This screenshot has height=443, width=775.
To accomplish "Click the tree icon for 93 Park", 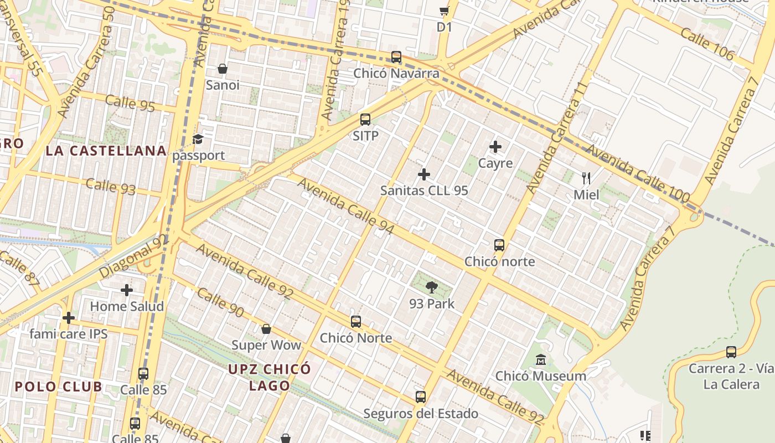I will pyautogui.click(x=432, y=287).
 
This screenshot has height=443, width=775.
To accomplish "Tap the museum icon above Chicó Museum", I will pyautogui.click(x=541, y=360).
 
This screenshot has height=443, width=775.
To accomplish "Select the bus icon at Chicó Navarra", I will pyautogui.click(x=396, y=57).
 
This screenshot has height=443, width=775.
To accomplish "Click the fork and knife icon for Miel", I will pyautogui.click(x=586, y=178).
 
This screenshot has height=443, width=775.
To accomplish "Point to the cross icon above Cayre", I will pyautogui.click(x=495, y=147).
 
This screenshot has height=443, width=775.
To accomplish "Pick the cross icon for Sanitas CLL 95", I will pyautogui.click(x=424, y=174).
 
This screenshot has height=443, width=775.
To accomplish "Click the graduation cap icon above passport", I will pyautogui.click(x=198, y=139).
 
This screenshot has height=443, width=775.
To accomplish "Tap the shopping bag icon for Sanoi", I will pyautogui.click(x=223, y=69).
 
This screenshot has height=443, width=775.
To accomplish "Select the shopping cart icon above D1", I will pyautogui.click(x=444, y=11).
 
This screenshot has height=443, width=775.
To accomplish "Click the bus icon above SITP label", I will pyautogui.click(x=365, y=119).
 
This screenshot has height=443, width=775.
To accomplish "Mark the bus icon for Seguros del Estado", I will pyautogui.click(x=421, y=397).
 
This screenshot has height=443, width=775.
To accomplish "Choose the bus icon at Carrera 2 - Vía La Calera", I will pyautogui.click(x=731, y=352).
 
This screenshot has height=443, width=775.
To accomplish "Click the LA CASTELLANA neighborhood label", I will pyautogui.click(x=106, y=151).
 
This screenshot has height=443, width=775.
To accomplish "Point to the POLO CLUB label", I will pyautogui.click(x=59, y=387).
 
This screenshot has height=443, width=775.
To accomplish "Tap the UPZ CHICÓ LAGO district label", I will pyautogui.click(x=270, y=377).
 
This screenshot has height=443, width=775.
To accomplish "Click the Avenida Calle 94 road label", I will pyautogui.click(x=347, y=206).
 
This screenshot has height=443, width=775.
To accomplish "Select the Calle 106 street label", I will pyautogui.click(x=707, y=44).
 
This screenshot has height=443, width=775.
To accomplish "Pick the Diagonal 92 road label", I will pyautogui.click(x=133, y=256).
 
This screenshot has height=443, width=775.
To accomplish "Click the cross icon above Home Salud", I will pyautogui.click(x=127, y=290).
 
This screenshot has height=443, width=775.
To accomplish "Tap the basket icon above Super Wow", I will pyautogui.click(x=266, y=329).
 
